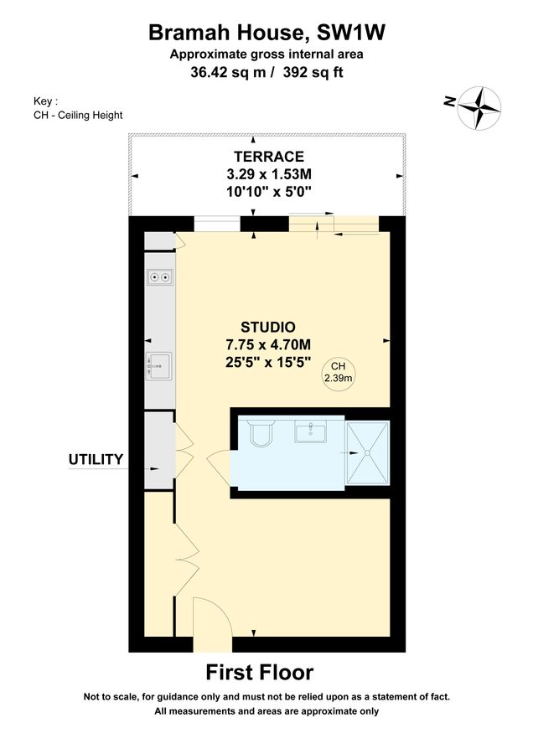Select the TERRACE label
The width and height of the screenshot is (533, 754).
click(x=268, y=157)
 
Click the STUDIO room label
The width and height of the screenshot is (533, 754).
click(x=268, y=327)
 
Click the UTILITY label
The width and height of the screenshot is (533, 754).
click(x=96, y=459)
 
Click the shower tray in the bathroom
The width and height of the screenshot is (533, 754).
click(x=368, y=452)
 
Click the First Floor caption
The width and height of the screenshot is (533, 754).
click(x=260, y=672)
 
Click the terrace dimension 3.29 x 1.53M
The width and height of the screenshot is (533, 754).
click(x=268, y=174)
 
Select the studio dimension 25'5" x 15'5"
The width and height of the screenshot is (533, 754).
click(x=268, y=363)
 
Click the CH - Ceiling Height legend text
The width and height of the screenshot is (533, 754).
click(x=73, y=115)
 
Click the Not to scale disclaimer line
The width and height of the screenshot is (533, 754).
click(x=266, y=697)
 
